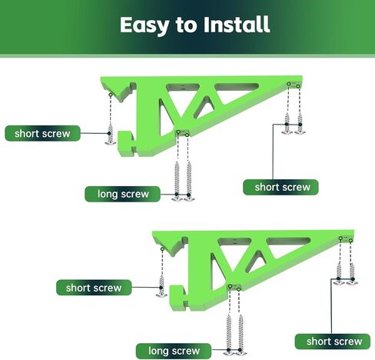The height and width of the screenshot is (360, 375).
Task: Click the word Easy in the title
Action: tap(144, 25)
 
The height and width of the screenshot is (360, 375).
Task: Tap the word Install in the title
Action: tap(237, 25)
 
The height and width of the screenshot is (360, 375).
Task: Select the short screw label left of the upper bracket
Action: tap(42, 133)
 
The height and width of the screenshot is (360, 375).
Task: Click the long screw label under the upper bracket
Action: tap(123, 194)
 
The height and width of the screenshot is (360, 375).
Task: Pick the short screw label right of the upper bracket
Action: tap(280, 187)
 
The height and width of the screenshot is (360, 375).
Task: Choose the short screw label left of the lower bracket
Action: tap(94, 288)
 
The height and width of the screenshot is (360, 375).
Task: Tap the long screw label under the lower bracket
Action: tap(174, 351)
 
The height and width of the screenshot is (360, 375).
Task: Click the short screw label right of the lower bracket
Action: tap(333, 342)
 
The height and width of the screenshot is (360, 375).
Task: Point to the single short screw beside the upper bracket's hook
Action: tap(111, 135)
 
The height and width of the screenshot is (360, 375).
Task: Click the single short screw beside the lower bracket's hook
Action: tap(161, 286)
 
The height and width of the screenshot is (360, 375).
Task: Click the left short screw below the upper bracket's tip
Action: tap(287, 124)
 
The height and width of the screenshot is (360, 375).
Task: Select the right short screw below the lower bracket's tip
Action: tap(352, 274)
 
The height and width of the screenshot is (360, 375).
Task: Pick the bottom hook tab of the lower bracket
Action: tap(178, 297)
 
